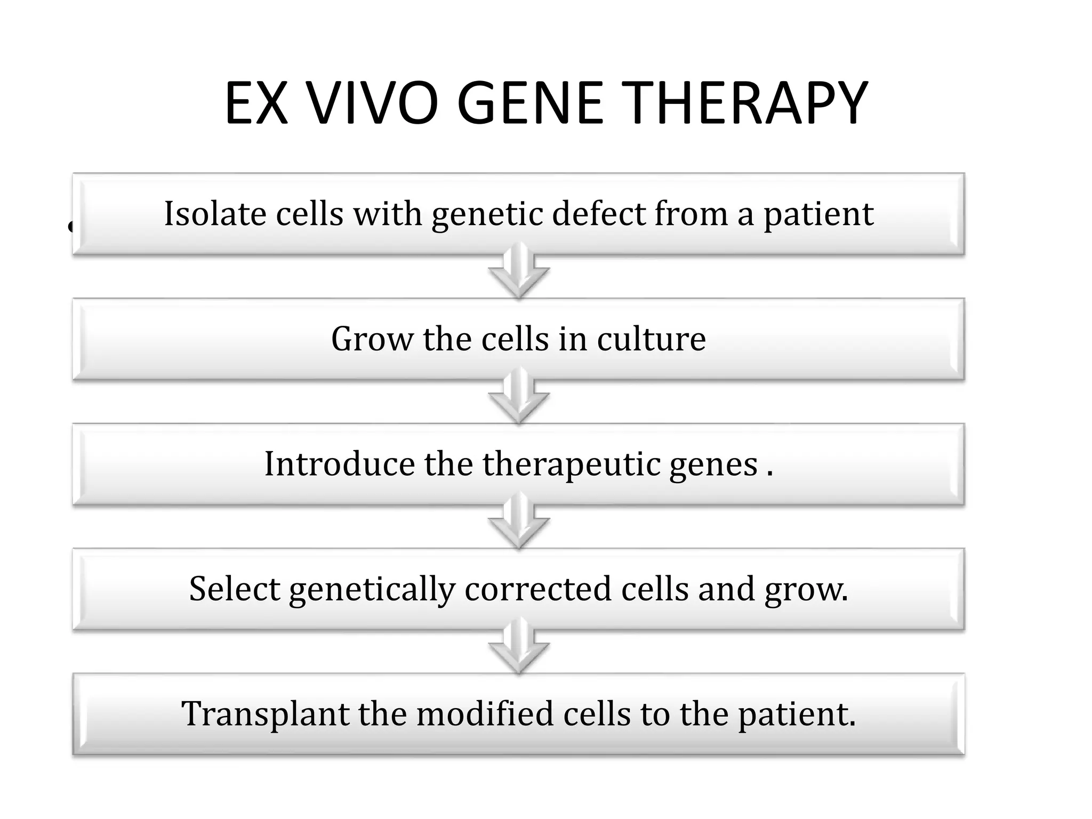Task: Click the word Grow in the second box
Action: coord(372,339)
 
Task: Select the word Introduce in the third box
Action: coord(339,463)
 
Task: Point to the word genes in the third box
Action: coord(713,464)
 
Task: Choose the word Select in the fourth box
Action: coord(235,589)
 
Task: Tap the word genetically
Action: coord(372,590)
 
